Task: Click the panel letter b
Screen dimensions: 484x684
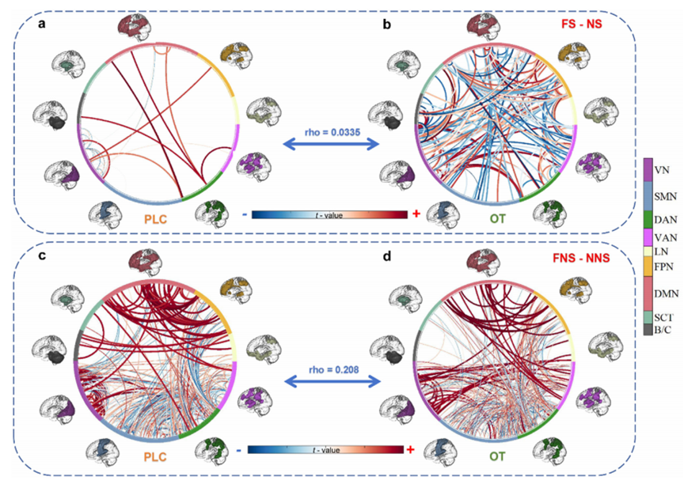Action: point(386,25)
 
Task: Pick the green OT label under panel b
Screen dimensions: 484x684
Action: point(500,217)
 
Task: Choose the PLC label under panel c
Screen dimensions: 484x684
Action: point(155,457)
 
